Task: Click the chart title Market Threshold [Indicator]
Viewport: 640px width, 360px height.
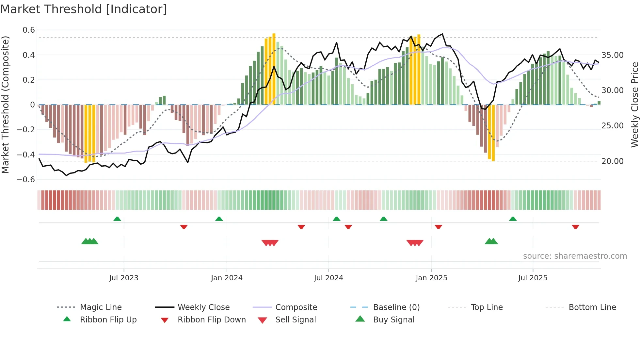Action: click(x=84, y=9)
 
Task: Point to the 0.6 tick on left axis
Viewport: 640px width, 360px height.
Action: click(x=29, y=30)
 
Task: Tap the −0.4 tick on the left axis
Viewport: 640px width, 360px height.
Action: click(x=26, y=155)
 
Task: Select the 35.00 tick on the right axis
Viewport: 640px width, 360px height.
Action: click(x=613, y=55)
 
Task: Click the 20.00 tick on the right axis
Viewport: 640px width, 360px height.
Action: click(x=613, y=161)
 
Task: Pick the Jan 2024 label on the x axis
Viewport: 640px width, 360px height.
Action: click(x=227, y=278)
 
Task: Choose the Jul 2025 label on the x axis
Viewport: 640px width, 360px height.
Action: click(x=533, y=278)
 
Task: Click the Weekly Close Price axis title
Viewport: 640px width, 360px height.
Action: click(x=634, y=105)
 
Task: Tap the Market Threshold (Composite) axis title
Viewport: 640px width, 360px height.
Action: click(x=5, y=105)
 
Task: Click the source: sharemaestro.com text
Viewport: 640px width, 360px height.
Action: click(x=575, y=256)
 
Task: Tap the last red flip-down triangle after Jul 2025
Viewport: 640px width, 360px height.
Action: click(x=575, y=227)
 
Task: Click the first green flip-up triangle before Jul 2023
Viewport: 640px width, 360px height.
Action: click(x=117, y=219)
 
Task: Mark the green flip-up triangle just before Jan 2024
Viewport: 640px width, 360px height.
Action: click(x=219, y=219)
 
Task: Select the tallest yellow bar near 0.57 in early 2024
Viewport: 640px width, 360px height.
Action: click(x=274, y=69)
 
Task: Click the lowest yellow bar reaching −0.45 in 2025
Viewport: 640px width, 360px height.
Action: click(x=493, y=133)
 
